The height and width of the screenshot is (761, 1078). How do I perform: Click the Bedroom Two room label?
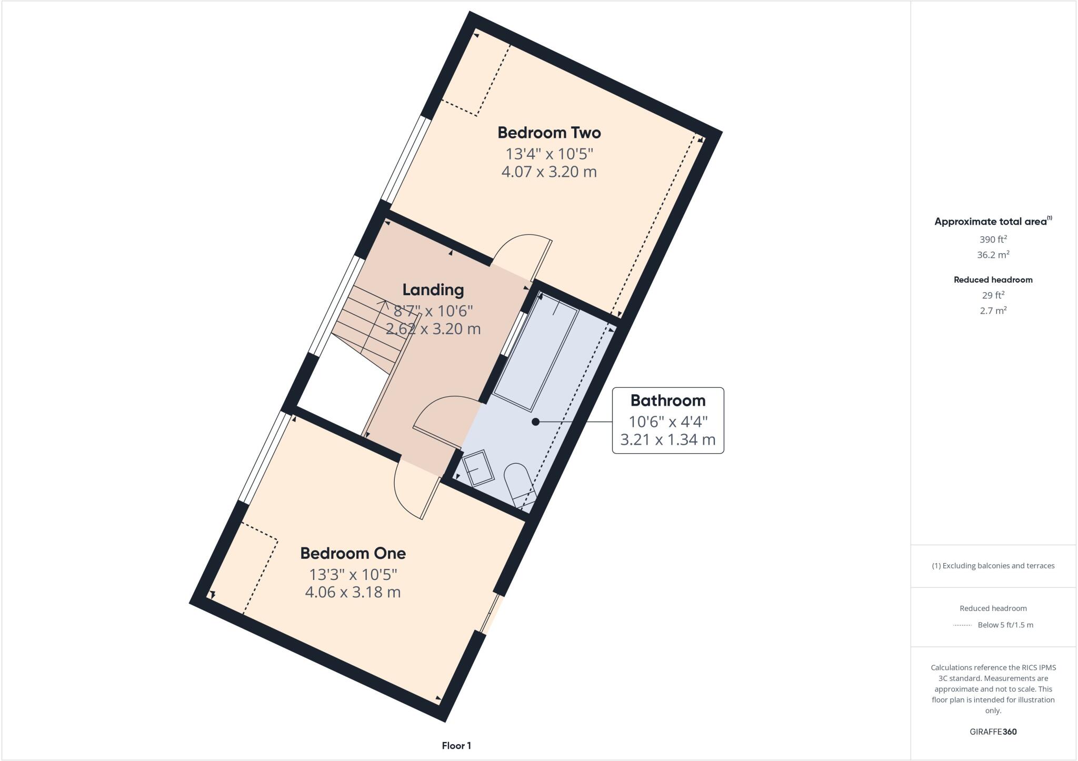pyautogui.click(x=549, y=133)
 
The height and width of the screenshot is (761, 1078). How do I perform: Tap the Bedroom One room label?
pyautogui.click(x=353, y=553)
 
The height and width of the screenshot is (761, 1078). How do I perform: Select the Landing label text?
pyautogui.click(x=433, y=289)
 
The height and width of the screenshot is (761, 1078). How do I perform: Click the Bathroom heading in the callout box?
pyautogui.click(x=667, y=400)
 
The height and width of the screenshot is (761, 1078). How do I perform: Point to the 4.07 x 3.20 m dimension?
pyautogui.click(x=549, y=172)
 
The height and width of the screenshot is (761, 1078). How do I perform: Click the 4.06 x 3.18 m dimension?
pyautogui.click(x=353, y=592)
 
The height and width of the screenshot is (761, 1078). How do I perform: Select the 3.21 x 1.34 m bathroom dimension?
pyautogui.click(x=667, y=439)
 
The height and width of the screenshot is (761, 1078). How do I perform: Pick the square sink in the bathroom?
pyautogui.click(x=478, y=468)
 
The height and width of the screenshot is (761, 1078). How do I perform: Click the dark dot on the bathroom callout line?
pyautogui.click(x=535, y=422)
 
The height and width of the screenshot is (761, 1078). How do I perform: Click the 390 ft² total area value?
pyautogui.click(x=993, y=239)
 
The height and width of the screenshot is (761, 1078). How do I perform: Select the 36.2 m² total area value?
pyautogui.click(x=993, y=255)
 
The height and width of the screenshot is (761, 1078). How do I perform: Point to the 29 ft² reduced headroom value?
pyautogui.click(x=993, y=295)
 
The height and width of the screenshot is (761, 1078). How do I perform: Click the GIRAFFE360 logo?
pyautogui.click(x=993, y=732)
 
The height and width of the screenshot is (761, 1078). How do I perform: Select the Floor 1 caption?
pyautogui.click(x=456, y=746)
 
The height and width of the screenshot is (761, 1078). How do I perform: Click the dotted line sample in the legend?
pyautogui.click(x=962, y=625)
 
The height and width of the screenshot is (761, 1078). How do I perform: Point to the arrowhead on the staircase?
pyautogui.click(x=383, y=304)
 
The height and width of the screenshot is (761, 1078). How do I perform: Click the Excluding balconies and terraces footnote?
pyautogui.click(x=993, y=566)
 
